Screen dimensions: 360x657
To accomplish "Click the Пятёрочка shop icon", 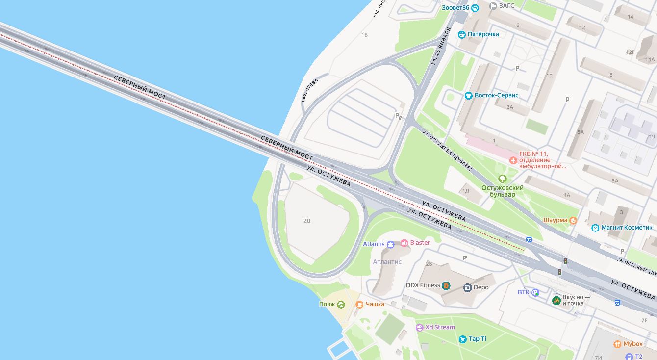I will point(461,34).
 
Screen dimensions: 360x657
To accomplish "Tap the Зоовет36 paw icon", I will point(475,8).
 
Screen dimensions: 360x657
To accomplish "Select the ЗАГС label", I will point(506,6).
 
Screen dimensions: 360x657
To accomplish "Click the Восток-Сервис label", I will point(496,95).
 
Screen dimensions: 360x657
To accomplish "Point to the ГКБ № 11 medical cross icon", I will point(513,160).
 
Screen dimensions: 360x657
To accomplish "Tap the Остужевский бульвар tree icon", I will point(502,179).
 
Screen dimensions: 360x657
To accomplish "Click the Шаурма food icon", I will point(573,220).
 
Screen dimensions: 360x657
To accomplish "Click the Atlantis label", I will point(374,244).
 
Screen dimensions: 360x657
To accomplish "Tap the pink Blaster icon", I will point(404,243).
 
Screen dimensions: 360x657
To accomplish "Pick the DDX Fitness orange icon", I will point(446,285).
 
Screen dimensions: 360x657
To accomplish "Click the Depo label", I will point(481,287).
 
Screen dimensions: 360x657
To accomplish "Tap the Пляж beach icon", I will point(341,305).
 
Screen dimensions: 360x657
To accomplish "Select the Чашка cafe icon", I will point(359,304).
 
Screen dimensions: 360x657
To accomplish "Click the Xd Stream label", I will point(440,327).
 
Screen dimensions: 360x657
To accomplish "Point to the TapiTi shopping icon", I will point(462,339).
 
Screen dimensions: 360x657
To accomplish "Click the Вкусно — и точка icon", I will point(556,300).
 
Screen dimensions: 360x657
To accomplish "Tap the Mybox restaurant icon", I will point(617,344).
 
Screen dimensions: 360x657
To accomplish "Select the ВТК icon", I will point(536,292).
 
